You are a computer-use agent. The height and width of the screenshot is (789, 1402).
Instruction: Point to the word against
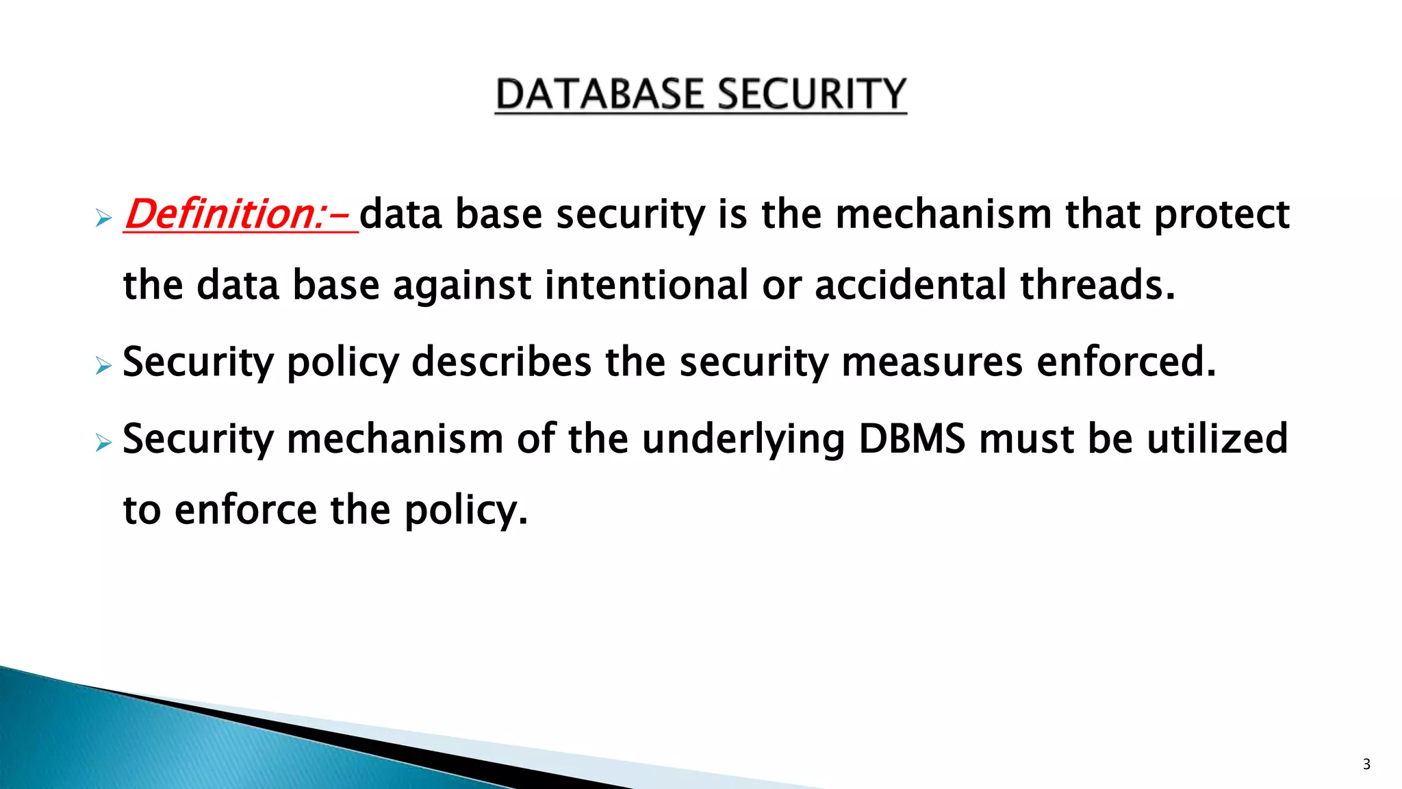[x=461, y=286]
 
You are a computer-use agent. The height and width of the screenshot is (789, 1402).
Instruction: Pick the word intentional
[x=646, y=286]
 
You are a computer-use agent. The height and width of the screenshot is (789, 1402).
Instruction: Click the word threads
[x=1097, y=286]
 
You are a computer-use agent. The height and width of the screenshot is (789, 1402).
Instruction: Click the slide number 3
[x=1366, y=764]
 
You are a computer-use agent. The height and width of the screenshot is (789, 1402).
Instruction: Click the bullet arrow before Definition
[x=103, y=219]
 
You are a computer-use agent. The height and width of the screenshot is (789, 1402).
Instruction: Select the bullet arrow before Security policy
[x=103, y=366]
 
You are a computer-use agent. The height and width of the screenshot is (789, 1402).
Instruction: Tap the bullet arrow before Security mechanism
[x=103, y=444]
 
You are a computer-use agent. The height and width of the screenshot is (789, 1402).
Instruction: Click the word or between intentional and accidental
[x=781, y=287]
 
